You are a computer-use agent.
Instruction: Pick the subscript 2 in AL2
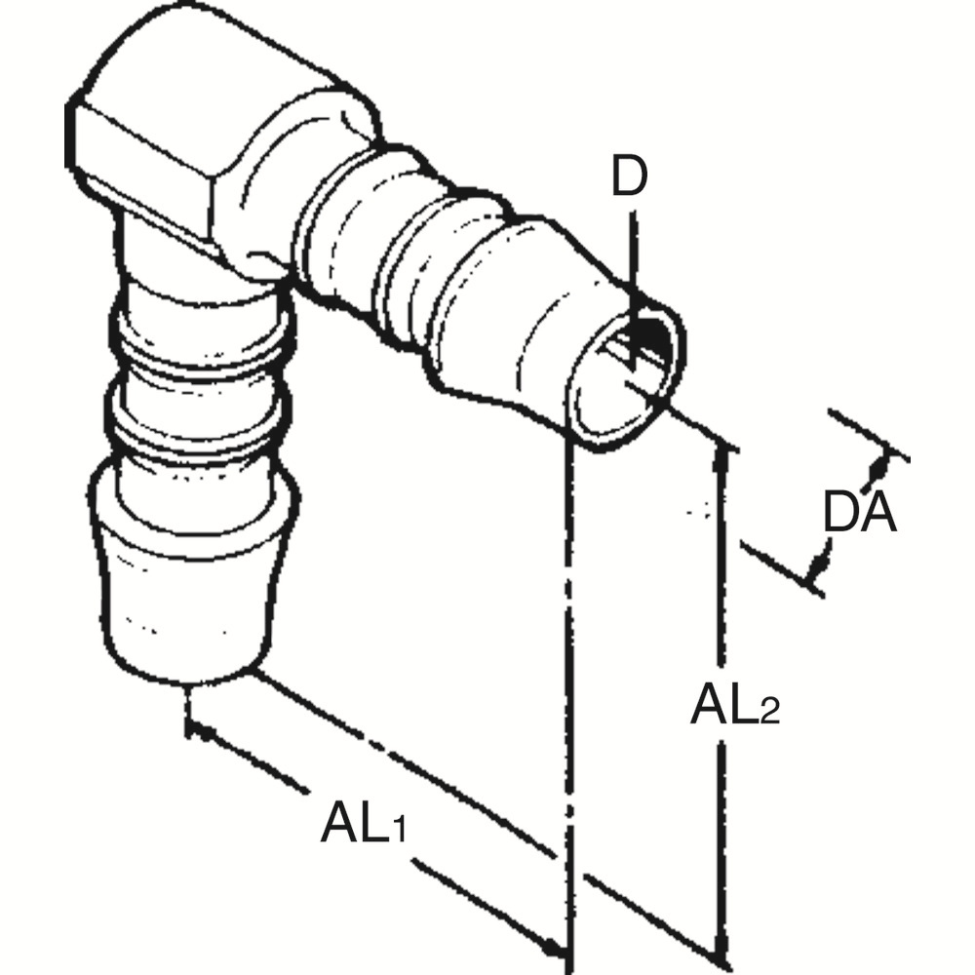769,713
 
